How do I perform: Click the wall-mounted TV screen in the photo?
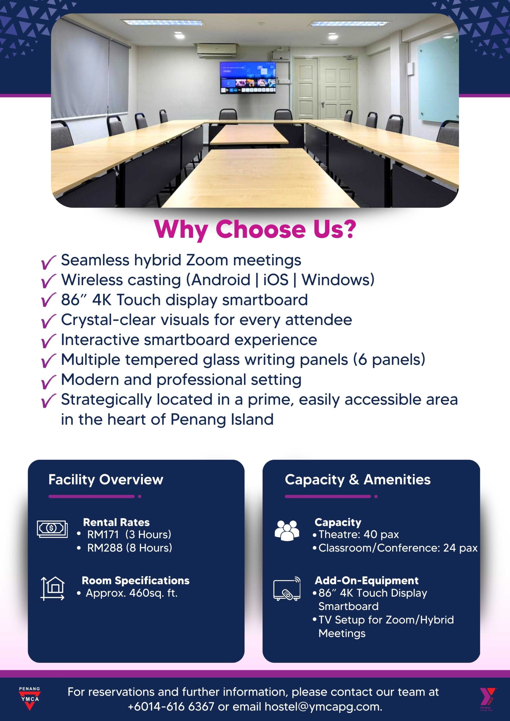pyautogui.click(x=248, y=77)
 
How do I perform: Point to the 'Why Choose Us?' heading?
pyautogui.click(x=255, y=230)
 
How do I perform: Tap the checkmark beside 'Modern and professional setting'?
pyautogui.click(x=49, y=382)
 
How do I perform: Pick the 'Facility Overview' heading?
pyautogui.click(x=106, y=480)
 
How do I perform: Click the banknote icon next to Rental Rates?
pyautogui.click(x=52, y=529)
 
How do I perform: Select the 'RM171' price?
pyautogui.click(x=103, y=534)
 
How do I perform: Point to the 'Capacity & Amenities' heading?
pyautogui.click(x=358, y=480)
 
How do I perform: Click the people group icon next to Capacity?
pyautogui.click(x=287, y=530)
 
